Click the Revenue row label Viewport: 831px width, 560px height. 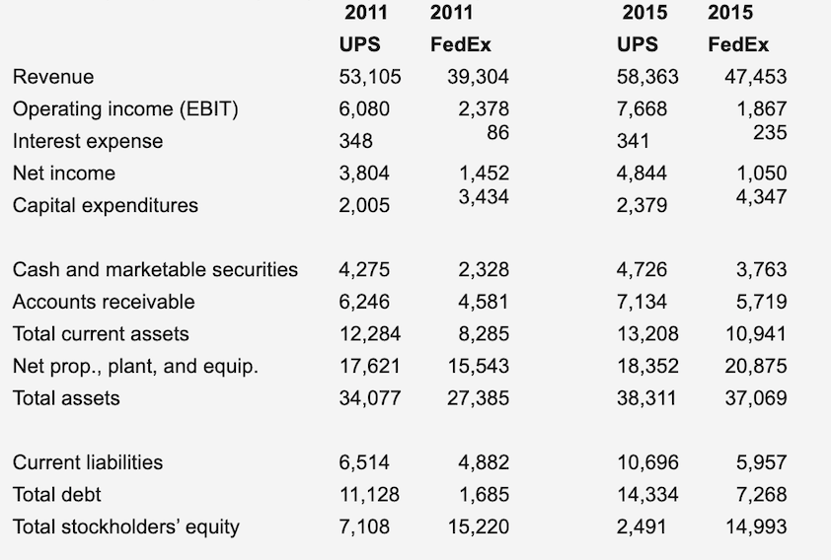point(53,77)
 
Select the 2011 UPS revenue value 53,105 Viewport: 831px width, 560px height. point(364,77)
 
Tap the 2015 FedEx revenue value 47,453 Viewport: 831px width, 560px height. point(755,77)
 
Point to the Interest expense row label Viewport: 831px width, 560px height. point(88,141)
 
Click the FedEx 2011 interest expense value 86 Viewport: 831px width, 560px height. point(497,130)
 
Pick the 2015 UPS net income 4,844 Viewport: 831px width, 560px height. point(642,174)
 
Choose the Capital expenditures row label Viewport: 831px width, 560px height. point(106,205)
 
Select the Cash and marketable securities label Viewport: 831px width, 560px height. point(155,269)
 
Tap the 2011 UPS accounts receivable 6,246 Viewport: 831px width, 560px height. point(364,302)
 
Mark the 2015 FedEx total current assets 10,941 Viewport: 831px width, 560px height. point(756,333)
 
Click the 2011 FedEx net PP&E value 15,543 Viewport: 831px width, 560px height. point(479,366)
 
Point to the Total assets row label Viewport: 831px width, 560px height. point(66,398)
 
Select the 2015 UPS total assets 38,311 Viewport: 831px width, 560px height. point(646,398)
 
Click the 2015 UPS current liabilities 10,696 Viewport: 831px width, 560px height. point(646,462)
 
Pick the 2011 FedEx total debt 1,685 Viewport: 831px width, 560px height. point(484,494)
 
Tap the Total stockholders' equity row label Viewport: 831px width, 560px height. point(126,526)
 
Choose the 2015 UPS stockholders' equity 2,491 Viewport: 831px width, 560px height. point(642,526)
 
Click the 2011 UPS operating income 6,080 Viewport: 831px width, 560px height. point(364,109)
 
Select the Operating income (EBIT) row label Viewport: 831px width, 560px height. point(125,109)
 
